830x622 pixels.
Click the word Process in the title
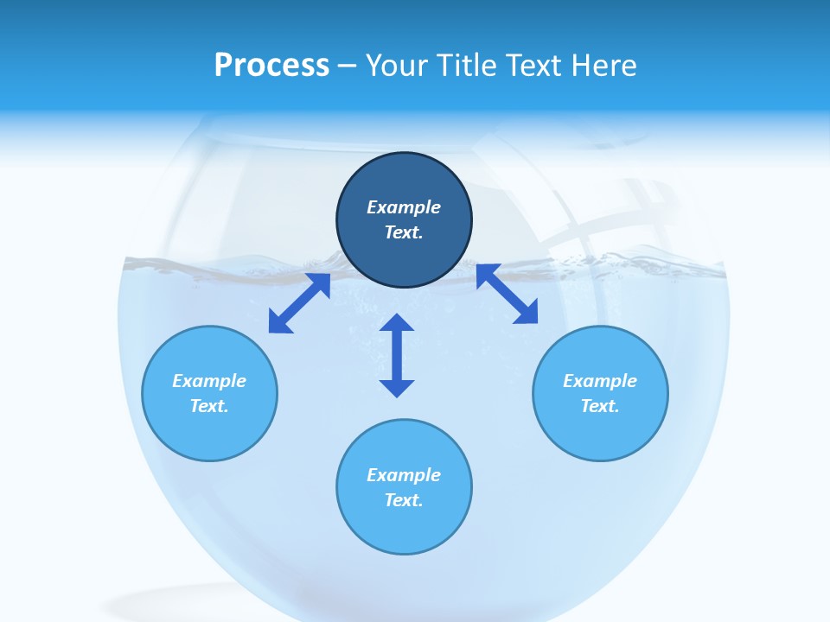tap(271, 66)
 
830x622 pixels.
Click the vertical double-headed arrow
tap(397, 355)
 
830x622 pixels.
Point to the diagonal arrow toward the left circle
tap(299, 303)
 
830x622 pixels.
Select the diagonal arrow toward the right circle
tap(507, 294)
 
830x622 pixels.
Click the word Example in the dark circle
tap(403, 207)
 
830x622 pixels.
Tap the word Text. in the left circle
tap(209, 406)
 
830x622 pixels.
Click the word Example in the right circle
tap(600, 381)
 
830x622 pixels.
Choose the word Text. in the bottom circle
tap(404, 500)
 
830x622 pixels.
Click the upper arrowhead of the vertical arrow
tap(397, 324)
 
